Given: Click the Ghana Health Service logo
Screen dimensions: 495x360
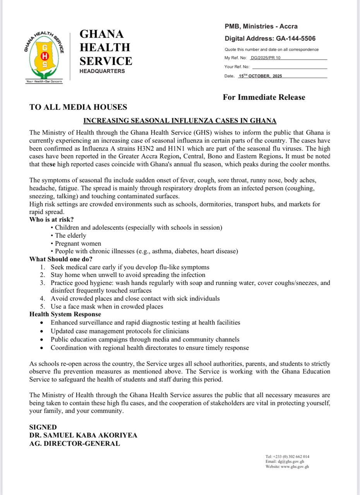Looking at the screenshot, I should (x=44, y=56).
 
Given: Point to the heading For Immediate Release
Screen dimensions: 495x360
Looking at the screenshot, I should (x=264, y=97).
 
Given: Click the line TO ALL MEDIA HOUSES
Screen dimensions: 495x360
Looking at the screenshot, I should (x=78, y=107).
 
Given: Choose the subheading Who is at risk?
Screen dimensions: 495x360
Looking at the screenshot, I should (x=51, y=220).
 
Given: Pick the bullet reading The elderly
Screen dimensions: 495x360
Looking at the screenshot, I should (x=70, y=236).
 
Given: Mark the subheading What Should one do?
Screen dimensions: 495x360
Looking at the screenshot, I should (x=61, y=259).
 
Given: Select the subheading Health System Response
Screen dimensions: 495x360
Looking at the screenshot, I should (x=65, y=314).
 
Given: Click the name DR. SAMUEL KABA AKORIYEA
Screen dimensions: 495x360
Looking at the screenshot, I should (x=83, y=435).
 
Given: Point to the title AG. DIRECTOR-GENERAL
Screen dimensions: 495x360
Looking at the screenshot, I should (x=75, y=444).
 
